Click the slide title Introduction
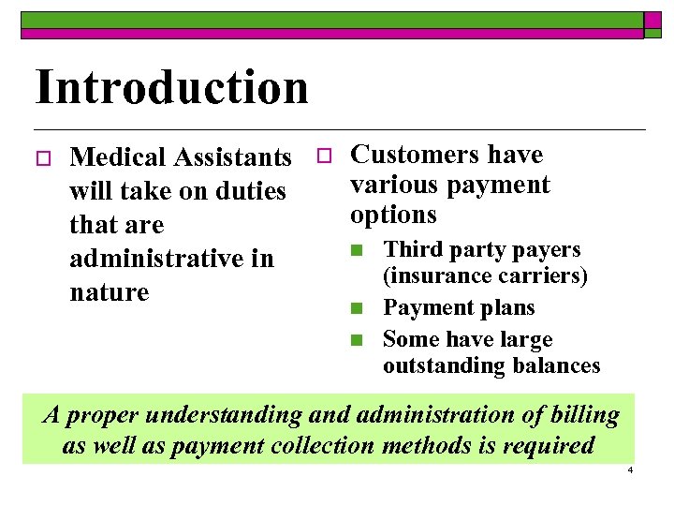171,87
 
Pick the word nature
110,292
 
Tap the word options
393,216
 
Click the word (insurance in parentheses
432,276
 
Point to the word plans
508,308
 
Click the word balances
556,365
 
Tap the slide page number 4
630,469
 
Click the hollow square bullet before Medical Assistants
40,157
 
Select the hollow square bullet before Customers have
321,155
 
